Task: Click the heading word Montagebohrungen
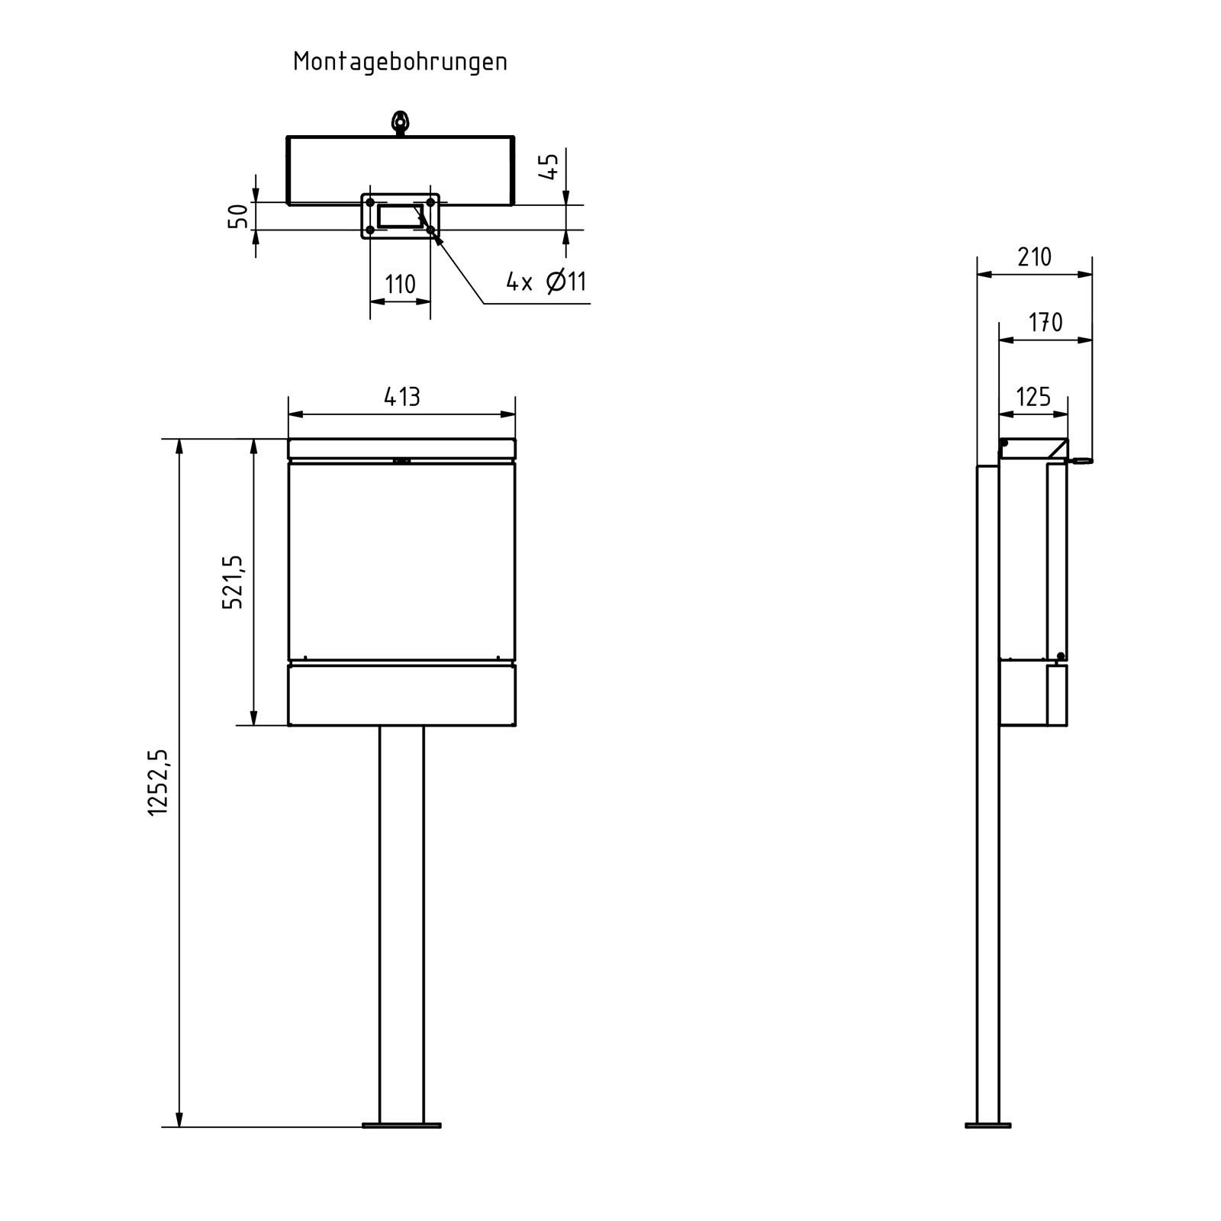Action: (400, 62)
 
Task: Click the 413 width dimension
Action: (401, 397)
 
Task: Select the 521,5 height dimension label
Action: (233, 582)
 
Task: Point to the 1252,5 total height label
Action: (158, 782)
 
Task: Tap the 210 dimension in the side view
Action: (1034, 257)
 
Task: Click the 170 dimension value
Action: (1045, 323)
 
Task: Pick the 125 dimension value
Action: (1033, 397)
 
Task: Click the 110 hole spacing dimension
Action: (400, 285)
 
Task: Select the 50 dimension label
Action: (239, 217)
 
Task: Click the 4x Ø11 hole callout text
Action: (546, 282)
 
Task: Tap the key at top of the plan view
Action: (399, 122)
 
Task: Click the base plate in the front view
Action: (401, 1125)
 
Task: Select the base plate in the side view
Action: (987, 1125)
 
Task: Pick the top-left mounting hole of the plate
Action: (370, 202)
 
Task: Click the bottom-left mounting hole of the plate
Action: (370, 229)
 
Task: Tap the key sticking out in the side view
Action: (1081, 460)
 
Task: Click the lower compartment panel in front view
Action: (401, 695)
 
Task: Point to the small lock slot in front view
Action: (401, 461)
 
